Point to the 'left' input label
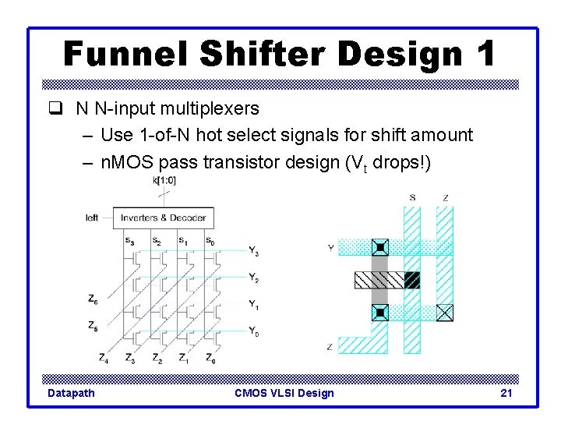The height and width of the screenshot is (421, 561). [92, 218]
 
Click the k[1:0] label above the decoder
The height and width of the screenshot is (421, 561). [165, 180]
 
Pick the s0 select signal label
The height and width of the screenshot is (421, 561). [210, 240]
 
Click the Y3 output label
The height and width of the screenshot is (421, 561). [253, 250]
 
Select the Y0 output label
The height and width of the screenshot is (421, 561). [253, 333]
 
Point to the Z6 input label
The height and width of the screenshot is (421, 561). [93, 298]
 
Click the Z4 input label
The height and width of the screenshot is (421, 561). [104, 359]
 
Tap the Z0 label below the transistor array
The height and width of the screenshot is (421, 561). [210, 359]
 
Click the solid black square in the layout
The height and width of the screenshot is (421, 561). [412, 279]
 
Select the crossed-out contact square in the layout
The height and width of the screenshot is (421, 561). [444, 313]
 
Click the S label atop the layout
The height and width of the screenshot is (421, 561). [411, 198]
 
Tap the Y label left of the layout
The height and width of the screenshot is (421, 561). [331, 249]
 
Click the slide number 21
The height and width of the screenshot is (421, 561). [506, 393]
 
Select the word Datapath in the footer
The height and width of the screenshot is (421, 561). [71, 393]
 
